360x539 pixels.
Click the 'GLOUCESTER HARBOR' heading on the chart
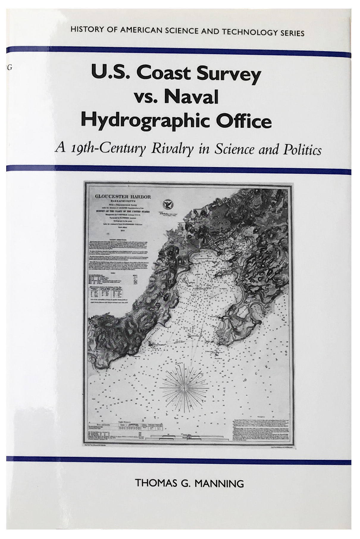(123, 197)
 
